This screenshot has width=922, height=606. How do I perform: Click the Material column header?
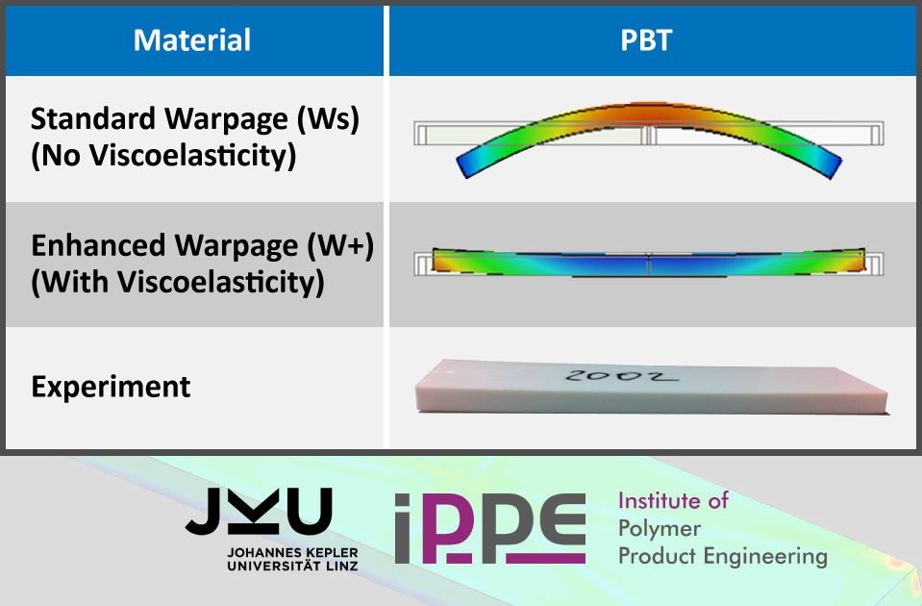[x=192, y=40]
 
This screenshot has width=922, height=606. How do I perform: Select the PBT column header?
[x=646, y=40]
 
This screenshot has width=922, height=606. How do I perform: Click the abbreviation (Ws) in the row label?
[x=328, y=119]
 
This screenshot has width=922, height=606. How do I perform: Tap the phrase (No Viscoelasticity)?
[x=163, y=156]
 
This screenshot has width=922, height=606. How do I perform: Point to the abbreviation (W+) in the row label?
[x=340, y=245]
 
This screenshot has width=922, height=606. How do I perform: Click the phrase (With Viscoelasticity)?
[x=178, y=283]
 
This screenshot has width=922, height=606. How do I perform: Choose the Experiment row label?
[x=111, y=387]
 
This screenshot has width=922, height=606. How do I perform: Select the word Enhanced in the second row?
[x=99, y=245]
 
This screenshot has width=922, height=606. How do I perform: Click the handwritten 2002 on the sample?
[x=620, y=375]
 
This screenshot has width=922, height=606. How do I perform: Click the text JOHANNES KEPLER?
[x=292, y=553]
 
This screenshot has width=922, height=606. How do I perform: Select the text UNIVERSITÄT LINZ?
[x=292, y=566]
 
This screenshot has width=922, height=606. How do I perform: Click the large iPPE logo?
[x=489, y=528]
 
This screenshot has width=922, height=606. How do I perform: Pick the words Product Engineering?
[x=723, y=556]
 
